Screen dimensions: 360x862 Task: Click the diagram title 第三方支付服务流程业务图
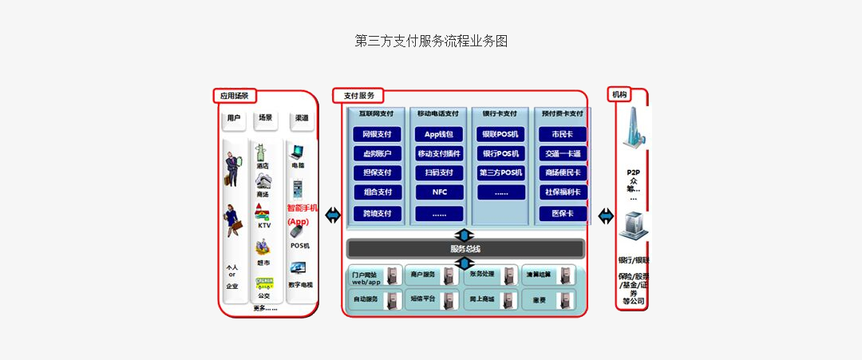431,41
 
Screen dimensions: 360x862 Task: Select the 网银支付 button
377,134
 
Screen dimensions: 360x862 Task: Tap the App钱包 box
439,134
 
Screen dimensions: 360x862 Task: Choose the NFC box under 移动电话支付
439,192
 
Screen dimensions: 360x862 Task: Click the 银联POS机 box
501,134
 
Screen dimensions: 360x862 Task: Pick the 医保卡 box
563,213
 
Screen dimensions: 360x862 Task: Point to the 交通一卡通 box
563,153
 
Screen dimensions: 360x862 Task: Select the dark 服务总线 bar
465,248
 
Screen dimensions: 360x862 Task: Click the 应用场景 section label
235,96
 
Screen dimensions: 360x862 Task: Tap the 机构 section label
619,94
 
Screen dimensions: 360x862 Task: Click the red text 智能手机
302,208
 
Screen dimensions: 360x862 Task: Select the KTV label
264,225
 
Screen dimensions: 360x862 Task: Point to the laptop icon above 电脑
298,152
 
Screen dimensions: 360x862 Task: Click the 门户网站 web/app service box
374,276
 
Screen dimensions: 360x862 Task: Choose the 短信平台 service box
432,299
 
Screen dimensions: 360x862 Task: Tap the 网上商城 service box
490,299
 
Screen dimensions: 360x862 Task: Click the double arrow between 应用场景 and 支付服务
332,216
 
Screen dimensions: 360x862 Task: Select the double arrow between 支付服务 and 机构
606,216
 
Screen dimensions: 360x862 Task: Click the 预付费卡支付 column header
563,113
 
